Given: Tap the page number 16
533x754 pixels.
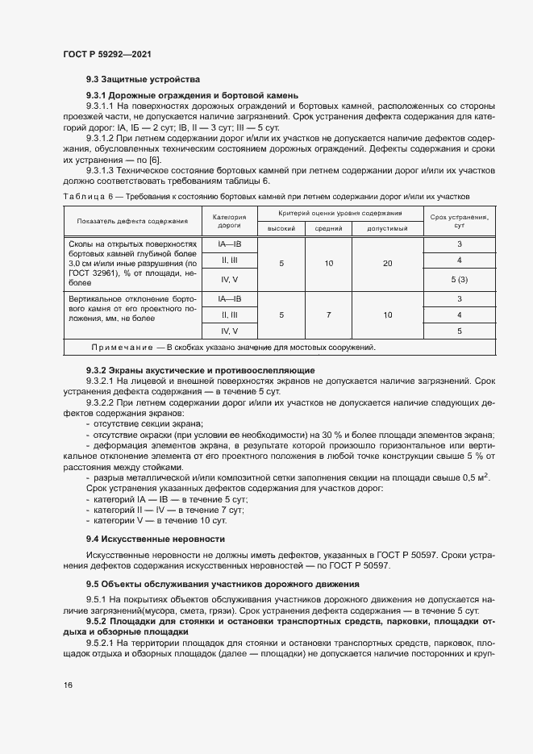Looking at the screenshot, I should (x=68, y=685).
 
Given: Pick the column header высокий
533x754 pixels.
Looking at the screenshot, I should (x=281, y=229).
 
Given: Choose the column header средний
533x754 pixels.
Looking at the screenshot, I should (x=329, y=229).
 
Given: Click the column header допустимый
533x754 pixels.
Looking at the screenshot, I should (x=387, y=229).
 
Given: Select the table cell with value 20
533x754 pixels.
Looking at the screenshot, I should (x=387, y=264).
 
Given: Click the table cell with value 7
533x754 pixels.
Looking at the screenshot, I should (x=329, y=315).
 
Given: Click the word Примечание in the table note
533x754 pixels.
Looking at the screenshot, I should (x=121, y=348).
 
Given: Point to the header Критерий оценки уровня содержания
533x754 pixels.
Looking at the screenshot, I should (x=339, y=213).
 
